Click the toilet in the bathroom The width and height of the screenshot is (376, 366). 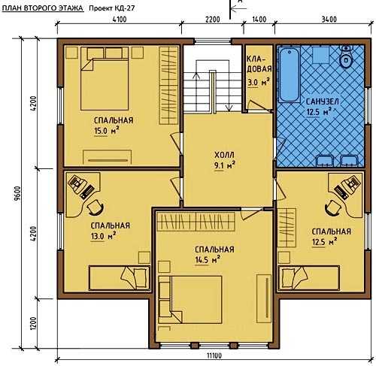click(x=346, y=56)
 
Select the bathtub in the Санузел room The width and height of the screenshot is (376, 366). click(x=290, y=75)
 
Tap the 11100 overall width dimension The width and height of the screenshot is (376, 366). click(x=214, y=355)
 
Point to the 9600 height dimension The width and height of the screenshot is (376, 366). click(x=18, y=193)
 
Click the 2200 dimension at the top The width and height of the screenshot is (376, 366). click(x=213, y=19)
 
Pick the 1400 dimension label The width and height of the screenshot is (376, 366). click(x=259, y=19)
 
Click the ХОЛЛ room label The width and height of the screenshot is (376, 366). click(x=224, y=156)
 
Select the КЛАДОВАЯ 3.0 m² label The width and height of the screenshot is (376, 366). click(x=259, y=71)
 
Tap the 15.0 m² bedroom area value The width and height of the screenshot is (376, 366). click(x=106, y=131)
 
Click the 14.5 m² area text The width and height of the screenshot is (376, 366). click(x=208, y=260)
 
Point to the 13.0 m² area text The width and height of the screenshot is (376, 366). click(x=103, y=236)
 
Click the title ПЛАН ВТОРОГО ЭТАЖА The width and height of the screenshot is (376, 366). click(x=43, y=8)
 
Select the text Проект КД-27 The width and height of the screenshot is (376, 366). click(x=112, y=8)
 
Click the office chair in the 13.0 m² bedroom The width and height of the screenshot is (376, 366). click(x=96, y=207)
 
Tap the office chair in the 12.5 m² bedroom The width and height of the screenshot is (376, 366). click(x=333, y=207)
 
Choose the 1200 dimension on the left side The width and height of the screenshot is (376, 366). click(x=34, y=323)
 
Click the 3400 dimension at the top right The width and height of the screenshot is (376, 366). click(x=329, y=19)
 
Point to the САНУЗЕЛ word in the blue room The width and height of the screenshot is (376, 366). click(x=322, y=101)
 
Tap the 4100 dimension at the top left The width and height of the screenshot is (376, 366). click(x=120, y=19)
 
